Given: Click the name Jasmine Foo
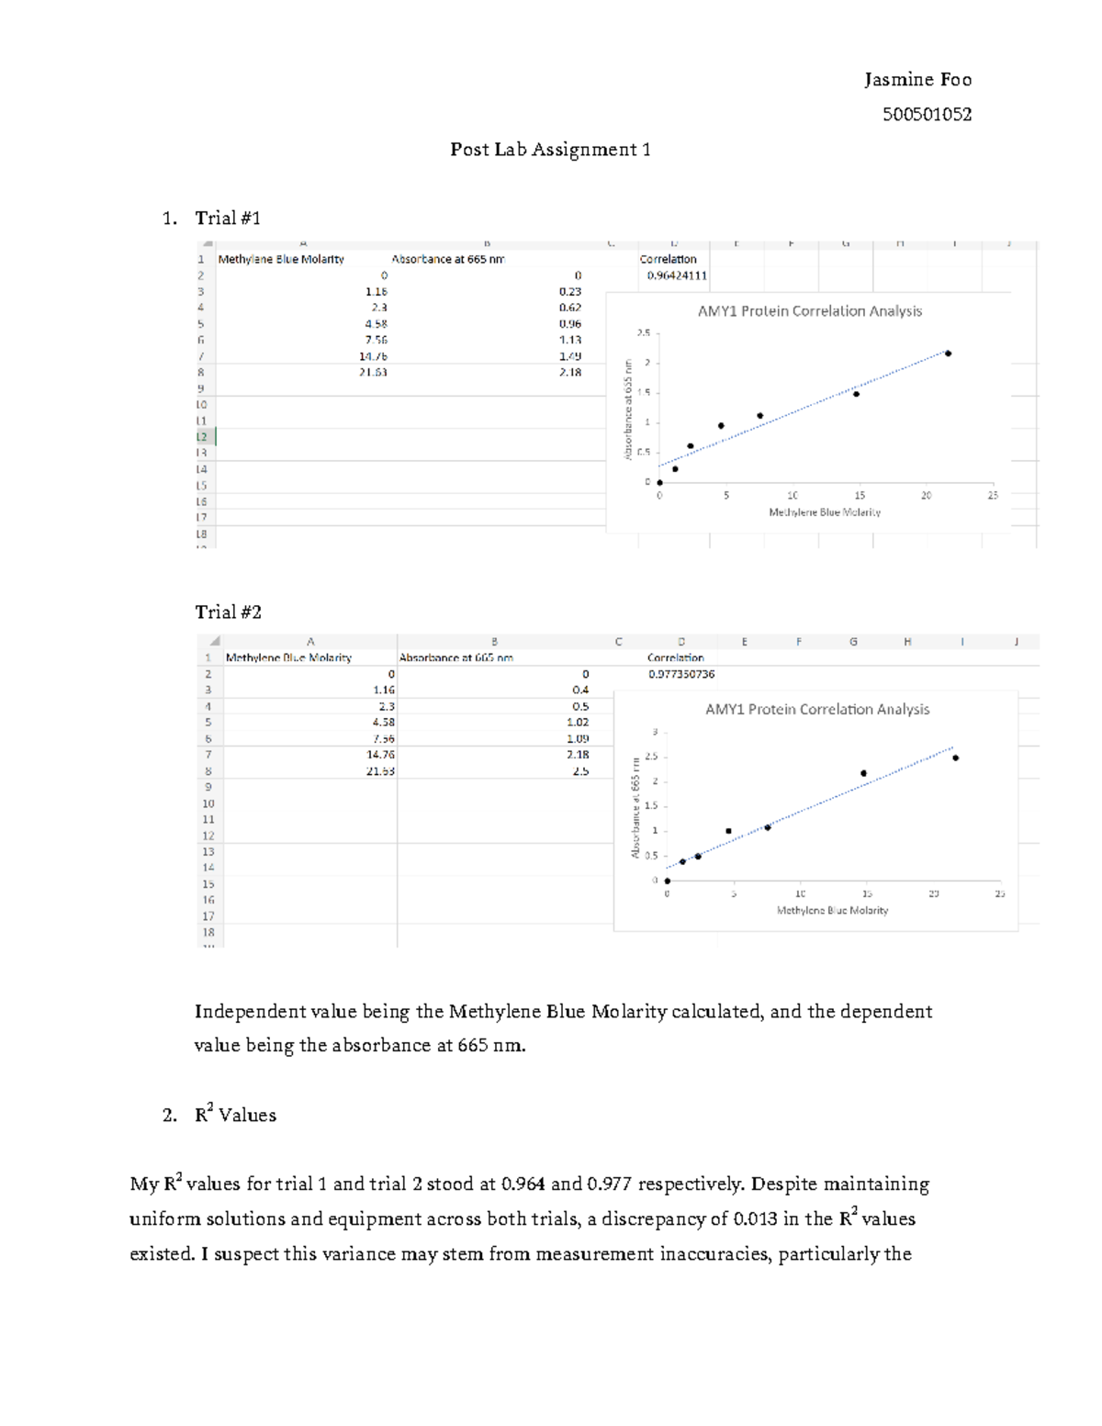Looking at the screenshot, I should [x=917, y=80].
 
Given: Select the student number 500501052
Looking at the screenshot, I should [x=927, y=115].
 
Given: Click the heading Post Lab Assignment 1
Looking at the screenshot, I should [x=550, y=150].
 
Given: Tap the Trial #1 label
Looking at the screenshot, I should [x=228, y=219].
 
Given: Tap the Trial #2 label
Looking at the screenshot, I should [x=228, y=612].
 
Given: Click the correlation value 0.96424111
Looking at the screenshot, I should [x=677, y=275].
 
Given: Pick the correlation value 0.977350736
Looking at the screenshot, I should [x=680, y=674].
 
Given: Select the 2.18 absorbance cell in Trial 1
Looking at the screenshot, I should [x=569, y=373].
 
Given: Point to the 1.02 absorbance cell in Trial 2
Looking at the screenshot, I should [x=577, y=723].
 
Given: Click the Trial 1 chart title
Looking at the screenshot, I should [x=809, y=311].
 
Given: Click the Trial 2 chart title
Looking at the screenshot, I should [x=816, y=710].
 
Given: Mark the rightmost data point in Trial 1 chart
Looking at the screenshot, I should [x=948, y=354].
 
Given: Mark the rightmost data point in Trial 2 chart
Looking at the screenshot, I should [x=955, y=758].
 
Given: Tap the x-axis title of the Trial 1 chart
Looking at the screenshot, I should [x=824, y=512].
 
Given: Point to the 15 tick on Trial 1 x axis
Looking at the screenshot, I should [x=860, y=496].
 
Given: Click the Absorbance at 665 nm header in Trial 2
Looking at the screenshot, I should [x=455, y=657].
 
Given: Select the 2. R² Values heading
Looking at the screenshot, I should [x=235, y=1116].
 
